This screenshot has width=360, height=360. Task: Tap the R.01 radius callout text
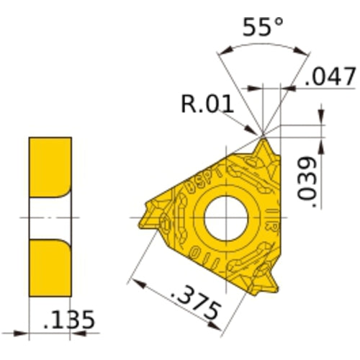pos(206,105)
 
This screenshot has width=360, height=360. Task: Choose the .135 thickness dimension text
pos(69,320)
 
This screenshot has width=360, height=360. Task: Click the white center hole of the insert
pos(222,217)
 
